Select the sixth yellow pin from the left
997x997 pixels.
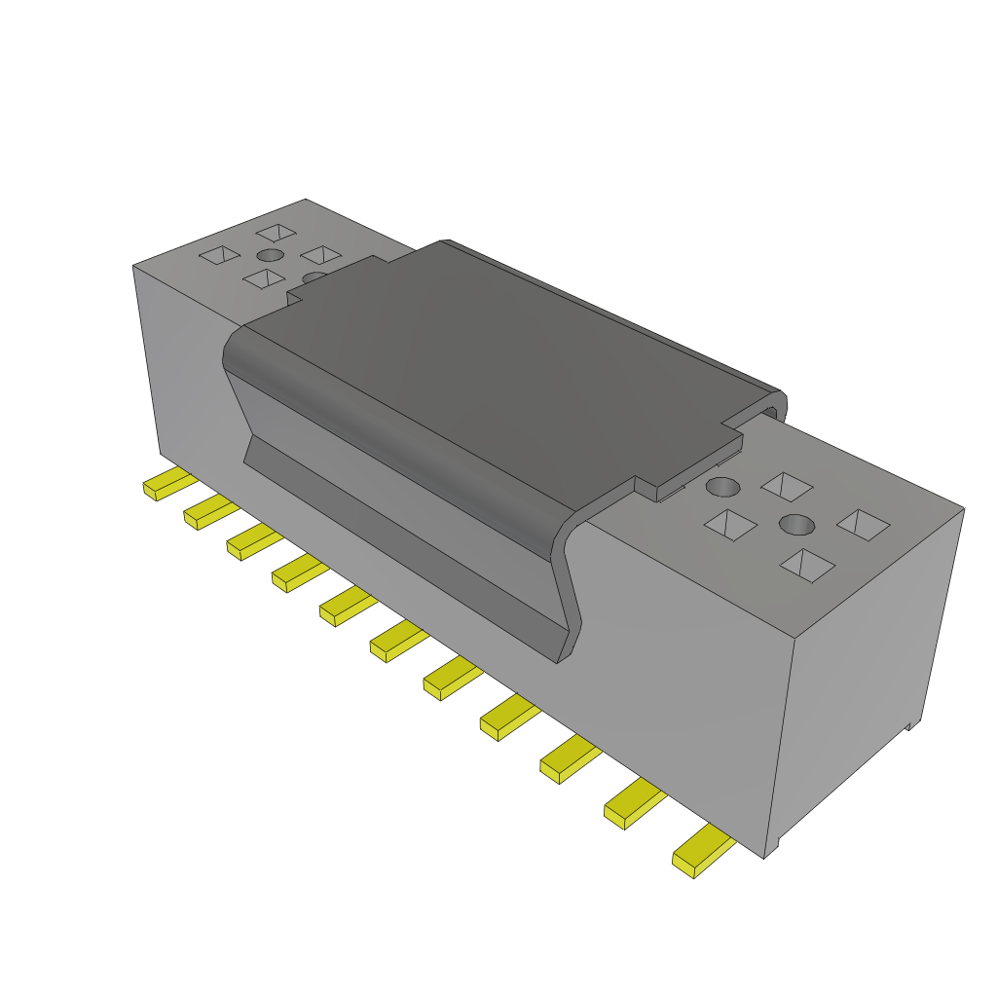[x=398, y=644]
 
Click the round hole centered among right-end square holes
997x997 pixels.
[x=796, y=524]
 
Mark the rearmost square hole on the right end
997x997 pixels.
[x=787, y=484]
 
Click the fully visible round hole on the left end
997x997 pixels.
[x=270, y=255]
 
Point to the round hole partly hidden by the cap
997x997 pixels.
[x=314, y=278]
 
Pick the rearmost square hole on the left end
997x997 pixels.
[x=277, y=232]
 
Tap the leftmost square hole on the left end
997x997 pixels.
[x=219, y=255]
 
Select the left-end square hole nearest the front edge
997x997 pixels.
[x=263, y=279]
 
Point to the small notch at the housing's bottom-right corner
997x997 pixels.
[x=910, y=725]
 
